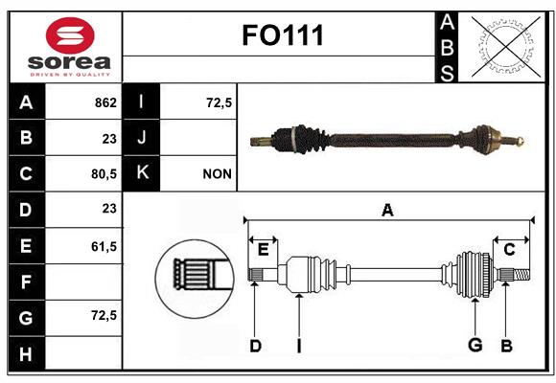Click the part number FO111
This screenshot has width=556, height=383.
coord(283,35)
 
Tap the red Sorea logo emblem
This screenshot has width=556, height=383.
coord(70,35)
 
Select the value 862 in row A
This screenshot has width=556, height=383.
coord(105,102)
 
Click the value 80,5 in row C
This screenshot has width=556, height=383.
coord(104,174)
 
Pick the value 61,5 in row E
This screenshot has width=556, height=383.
coord(104,246)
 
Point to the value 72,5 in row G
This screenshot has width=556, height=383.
coord(104,315)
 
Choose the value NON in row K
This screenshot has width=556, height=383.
coord(217,174)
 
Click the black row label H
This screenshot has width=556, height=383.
coord(27,353)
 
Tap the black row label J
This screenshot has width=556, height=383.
coord(141,137)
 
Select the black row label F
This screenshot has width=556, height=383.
coord(27,282)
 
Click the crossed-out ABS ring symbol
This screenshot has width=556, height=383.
coord(506,47)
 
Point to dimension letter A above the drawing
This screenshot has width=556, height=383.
coord(387,210)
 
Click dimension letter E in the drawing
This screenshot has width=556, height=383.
coord(263,250)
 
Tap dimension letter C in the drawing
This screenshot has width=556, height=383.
coord(509,250)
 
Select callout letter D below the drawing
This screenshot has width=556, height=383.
coord(255,346)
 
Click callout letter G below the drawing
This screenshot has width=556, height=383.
coord(475,345)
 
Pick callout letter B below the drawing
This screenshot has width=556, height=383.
coord(507,346)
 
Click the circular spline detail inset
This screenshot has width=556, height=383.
coord(195,279)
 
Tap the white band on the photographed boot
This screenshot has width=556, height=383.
coord(294,139)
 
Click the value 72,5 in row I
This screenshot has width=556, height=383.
coord(219,102)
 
